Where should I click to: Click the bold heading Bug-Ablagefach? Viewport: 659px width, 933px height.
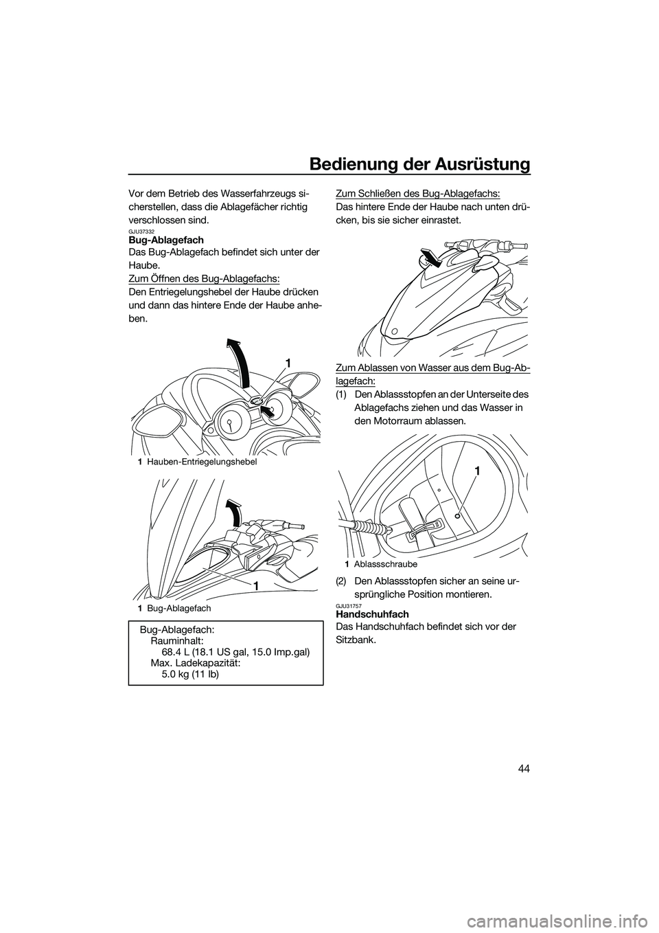pyautogui.click(x=166, y=240)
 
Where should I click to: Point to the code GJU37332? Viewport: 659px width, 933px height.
pyautogui.click(x=143, y=232)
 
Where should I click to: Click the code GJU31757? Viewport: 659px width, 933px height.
pyautogui.click(x=349, y=605)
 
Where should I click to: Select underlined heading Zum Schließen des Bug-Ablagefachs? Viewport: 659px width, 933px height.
pyautogui.click(x=417, y=193)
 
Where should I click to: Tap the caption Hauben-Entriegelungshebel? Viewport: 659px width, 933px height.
pyautogui.click(x=201, y=462)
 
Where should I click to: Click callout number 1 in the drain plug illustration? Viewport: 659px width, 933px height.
pyautogui.click(x=476, y=471)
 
